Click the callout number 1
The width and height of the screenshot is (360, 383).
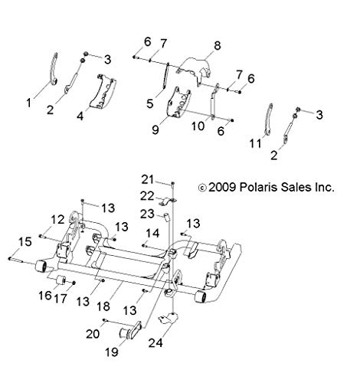[x=29, y=103]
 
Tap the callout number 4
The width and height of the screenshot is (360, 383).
[x=80, y=116]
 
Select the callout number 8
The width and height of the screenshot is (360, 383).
[x=217, y=46]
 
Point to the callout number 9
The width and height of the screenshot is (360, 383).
[x=155, y=129]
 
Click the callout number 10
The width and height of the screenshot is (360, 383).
[x=198, y=126]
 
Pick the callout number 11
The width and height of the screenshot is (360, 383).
[x=256, y=143]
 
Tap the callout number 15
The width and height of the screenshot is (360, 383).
[x=25, y=241]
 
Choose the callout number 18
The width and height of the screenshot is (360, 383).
[x=103, y=306]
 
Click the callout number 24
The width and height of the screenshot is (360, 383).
[x=155, y=343]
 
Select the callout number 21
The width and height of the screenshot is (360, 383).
[x=148, y=180]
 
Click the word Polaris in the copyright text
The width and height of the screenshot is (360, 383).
[x=257, y=187]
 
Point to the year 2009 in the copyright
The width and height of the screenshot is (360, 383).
[x=222, y=187]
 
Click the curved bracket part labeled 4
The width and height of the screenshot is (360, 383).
[x=103, y=91]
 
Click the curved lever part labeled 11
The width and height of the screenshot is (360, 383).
[x=268, y=119]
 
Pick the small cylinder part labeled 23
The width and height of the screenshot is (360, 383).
[x=167, y=218]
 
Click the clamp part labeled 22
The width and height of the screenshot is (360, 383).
[x=167, y=201]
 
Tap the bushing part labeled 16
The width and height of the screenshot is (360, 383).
[x=61, y=280]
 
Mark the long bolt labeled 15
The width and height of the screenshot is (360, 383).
[x=16, y=260]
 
